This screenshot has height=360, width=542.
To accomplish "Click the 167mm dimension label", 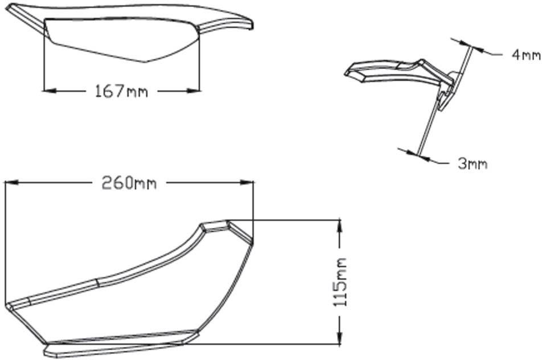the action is (121, 91).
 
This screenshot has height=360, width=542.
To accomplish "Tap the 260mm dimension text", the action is (129, 183).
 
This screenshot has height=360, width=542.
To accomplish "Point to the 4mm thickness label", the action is (526, 55).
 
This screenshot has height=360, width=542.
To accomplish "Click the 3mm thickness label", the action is (473, 163).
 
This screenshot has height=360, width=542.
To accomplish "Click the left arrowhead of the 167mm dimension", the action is (49, 91).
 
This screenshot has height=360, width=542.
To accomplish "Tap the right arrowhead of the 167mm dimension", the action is (193, 91).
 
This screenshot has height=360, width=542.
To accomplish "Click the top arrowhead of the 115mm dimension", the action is (340, 226).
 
